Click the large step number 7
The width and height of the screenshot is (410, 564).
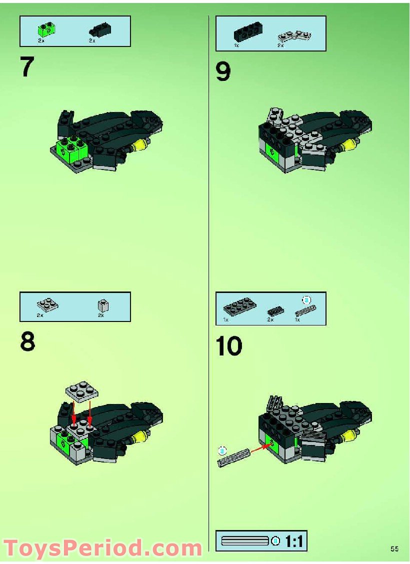28,67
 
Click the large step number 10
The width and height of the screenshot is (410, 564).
229,346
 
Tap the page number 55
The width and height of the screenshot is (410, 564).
394,549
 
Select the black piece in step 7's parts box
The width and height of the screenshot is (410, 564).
99,29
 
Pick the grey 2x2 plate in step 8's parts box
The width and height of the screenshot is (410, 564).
47,304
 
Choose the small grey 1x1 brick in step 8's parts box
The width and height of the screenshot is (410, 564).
102,305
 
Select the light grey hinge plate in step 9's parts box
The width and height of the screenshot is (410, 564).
294,35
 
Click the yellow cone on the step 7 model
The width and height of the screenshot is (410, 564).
139,146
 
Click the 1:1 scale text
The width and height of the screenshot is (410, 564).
295,541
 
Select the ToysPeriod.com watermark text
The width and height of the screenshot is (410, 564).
102,548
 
